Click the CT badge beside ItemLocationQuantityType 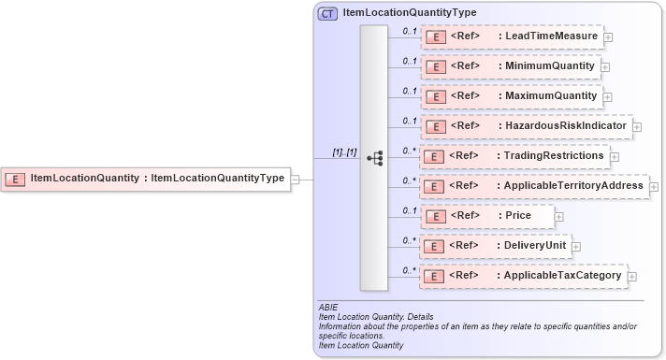[x=327, y=14]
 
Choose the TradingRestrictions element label [x=552, y=155]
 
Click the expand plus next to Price [x=558, y=217]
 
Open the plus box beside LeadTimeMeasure [x=608, y=37]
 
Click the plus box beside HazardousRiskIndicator [x=637, y=126]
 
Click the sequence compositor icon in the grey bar [x=374, y=158]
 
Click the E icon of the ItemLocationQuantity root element [x=16, y=179]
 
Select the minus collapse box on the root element [x=295, y=179]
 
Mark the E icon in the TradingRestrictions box [x=433, y=156]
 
